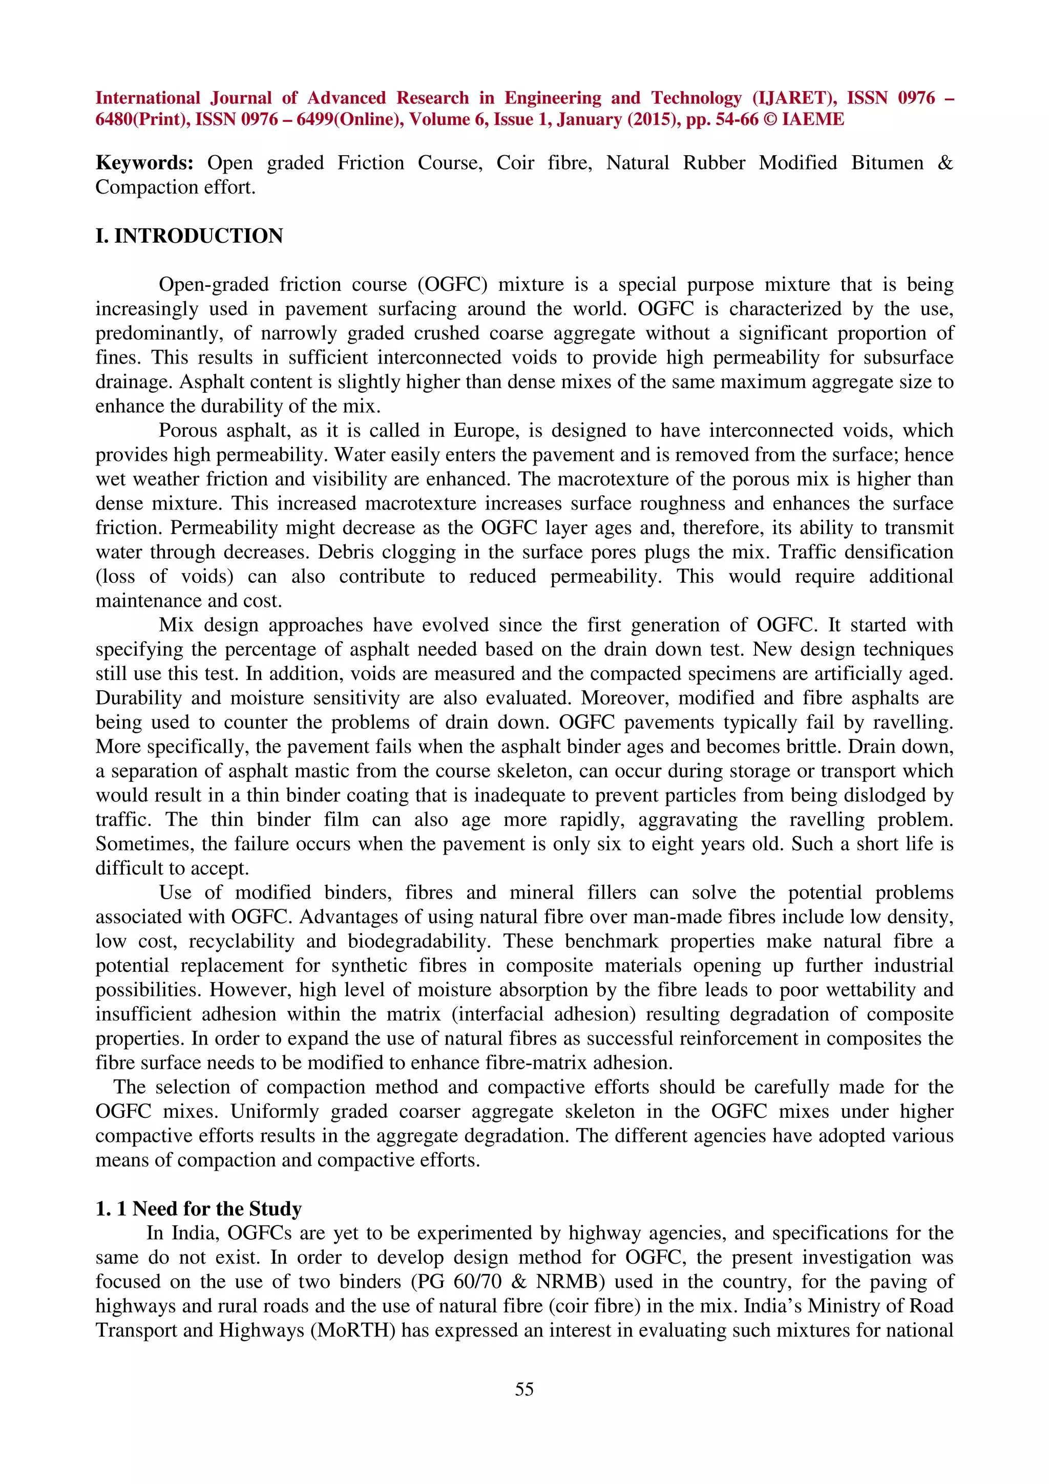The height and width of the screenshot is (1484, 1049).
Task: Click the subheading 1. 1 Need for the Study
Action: pyautogui.click(x=198, y=1209)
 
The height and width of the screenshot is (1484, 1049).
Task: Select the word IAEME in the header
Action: pyautogui.click(x=812, y=120)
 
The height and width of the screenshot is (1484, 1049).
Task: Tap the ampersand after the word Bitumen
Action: pyautogui.click(x=945, y=163)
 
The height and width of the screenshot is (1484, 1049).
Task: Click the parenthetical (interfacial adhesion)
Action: pyautogui.click(x=543, y=1014)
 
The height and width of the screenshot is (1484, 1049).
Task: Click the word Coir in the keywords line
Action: pyautogui.click(x=515, y=163)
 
